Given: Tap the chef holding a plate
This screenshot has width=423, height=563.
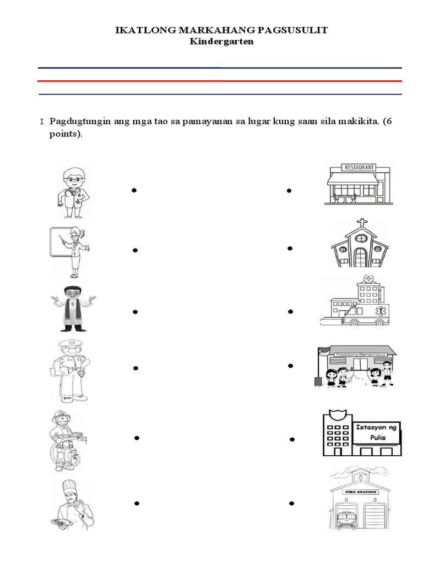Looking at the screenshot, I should (72, 504).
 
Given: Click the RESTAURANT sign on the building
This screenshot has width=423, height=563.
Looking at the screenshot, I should (358, 167).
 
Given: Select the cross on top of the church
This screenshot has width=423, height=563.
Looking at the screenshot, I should (362, 224).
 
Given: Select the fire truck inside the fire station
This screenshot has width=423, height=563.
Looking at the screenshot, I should (344, 519).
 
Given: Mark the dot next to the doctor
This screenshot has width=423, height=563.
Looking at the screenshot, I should (134, 190).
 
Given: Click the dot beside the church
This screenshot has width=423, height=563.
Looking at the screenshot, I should (289, 249).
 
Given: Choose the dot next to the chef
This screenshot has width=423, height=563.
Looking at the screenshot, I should (135, 503).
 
